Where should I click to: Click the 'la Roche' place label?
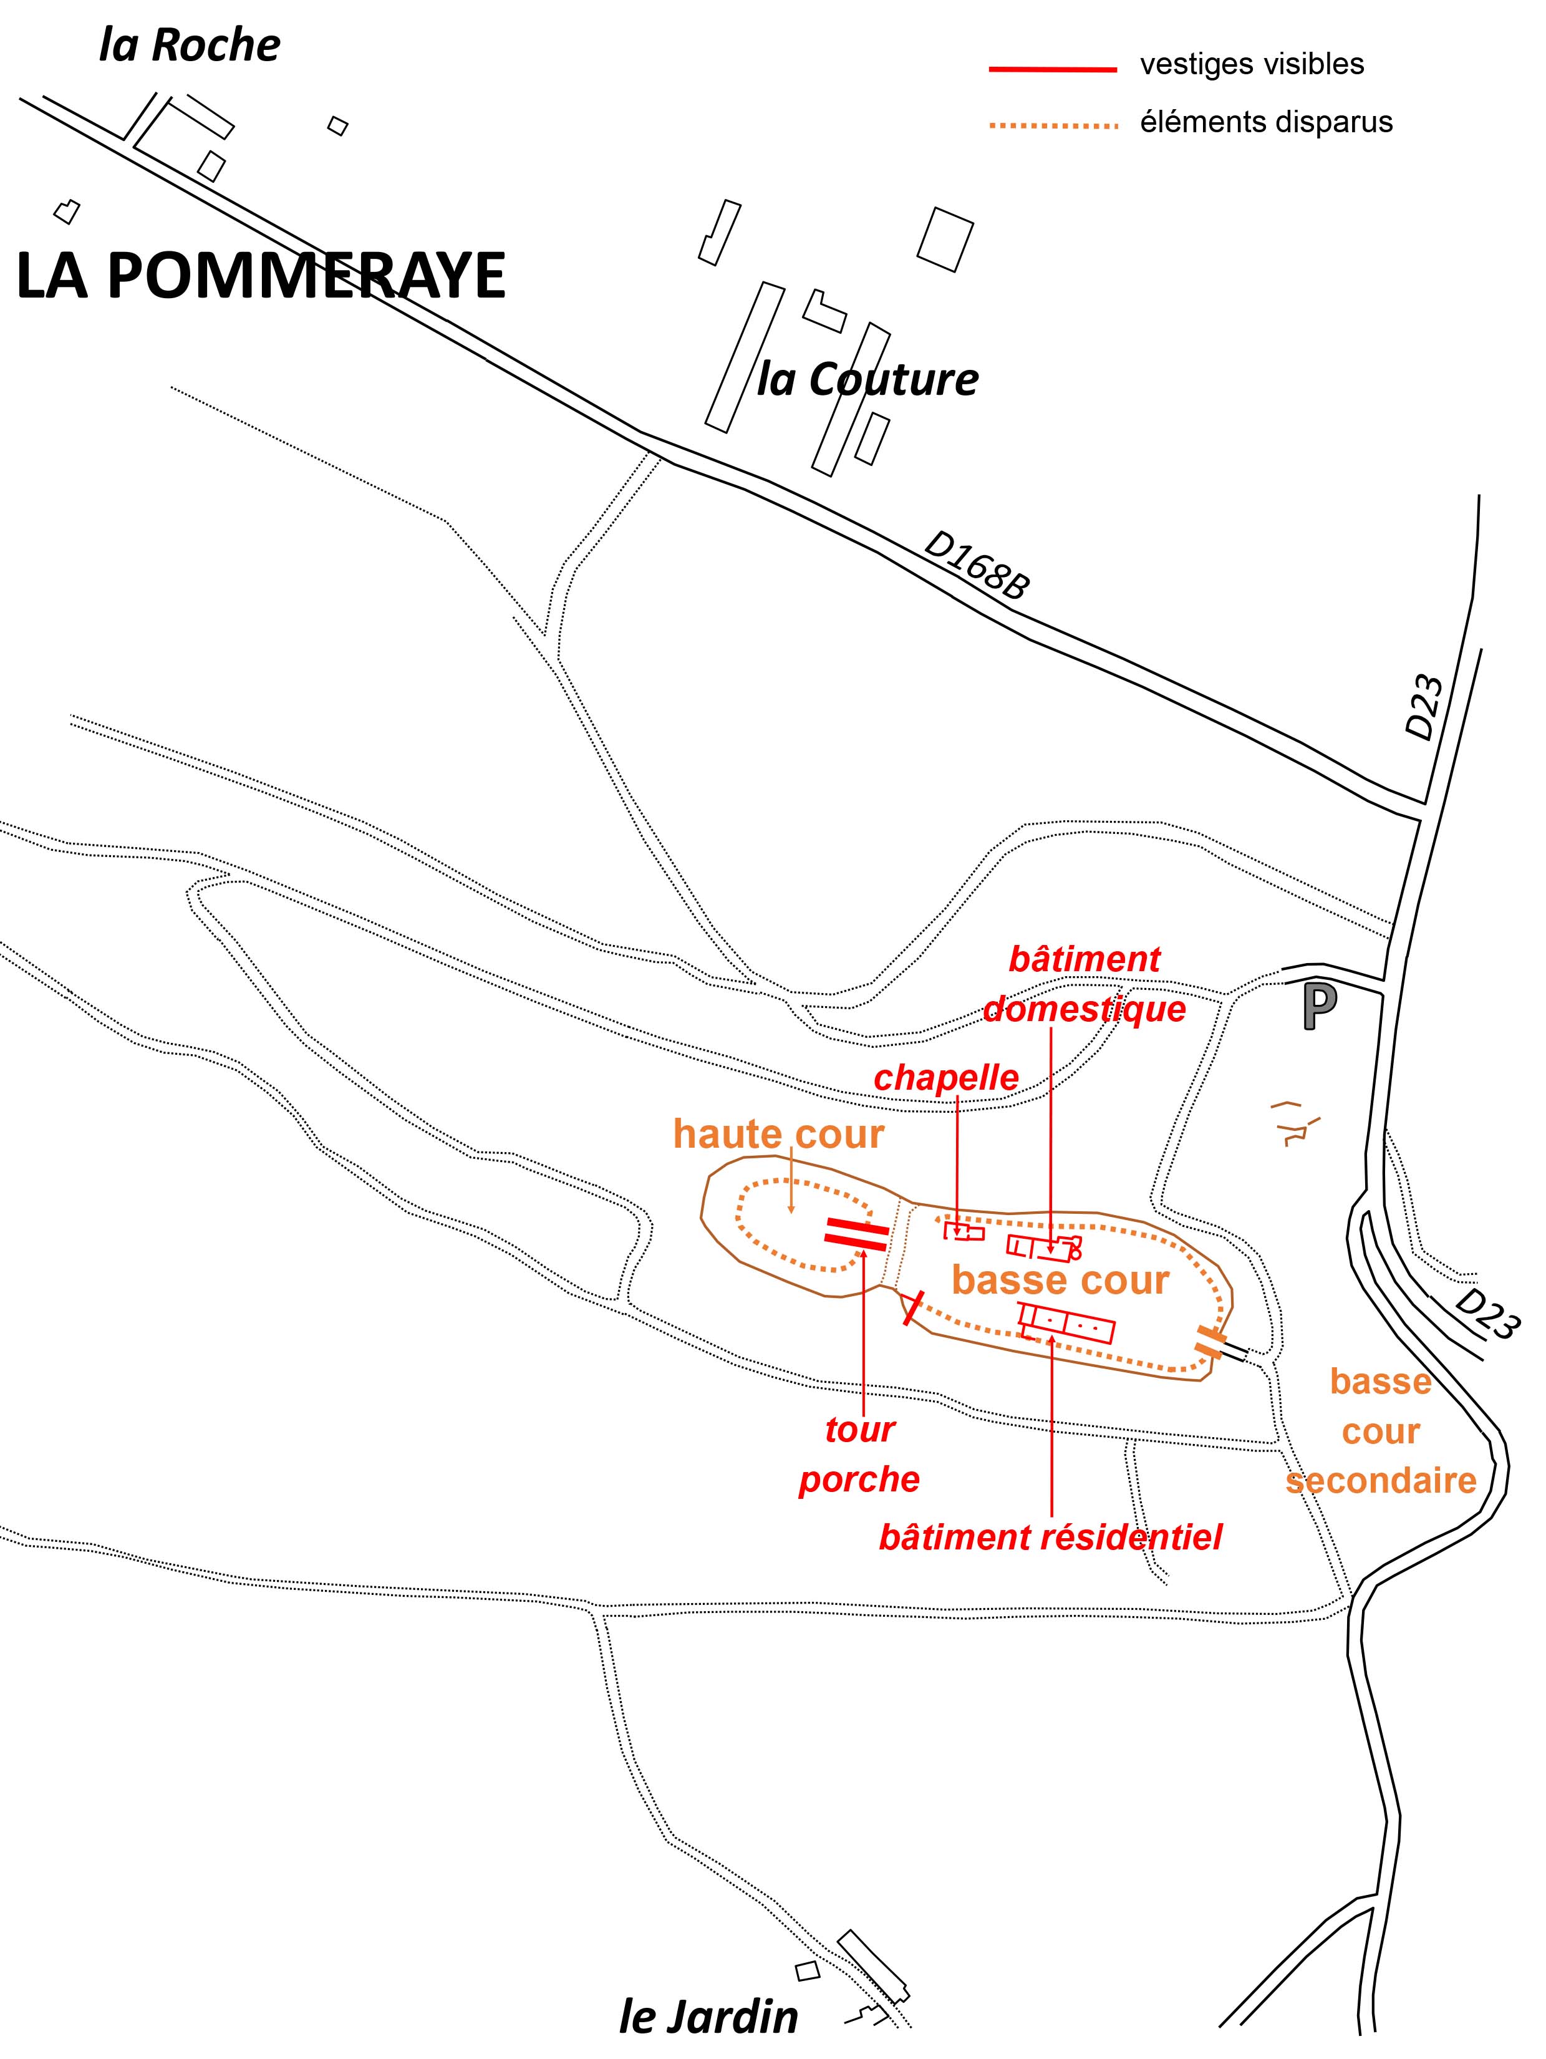click(189, 46)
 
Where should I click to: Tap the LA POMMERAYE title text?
click(261, 276)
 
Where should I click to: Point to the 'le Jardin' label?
click(708, 2017)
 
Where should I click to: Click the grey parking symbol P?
click(1320, 1007)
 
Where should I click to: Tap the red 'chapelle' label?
click(945, 1078)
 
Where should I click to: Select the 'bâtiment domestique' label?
click(1085, 984)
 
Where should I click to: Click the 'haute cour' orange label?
click(778, 1135)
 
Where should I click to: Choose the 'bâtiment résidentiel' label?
click(1050, 1537)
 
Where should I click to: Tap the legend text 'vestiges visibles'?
click(1252, 64)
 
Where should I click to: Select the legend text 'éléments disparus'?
click(1266, 122)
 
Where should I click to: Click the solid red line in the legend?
click(1053, 69)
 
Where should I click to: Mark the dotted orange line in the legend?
click(1053, 125)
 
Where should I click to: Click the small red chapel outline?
click(964, 1231)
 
